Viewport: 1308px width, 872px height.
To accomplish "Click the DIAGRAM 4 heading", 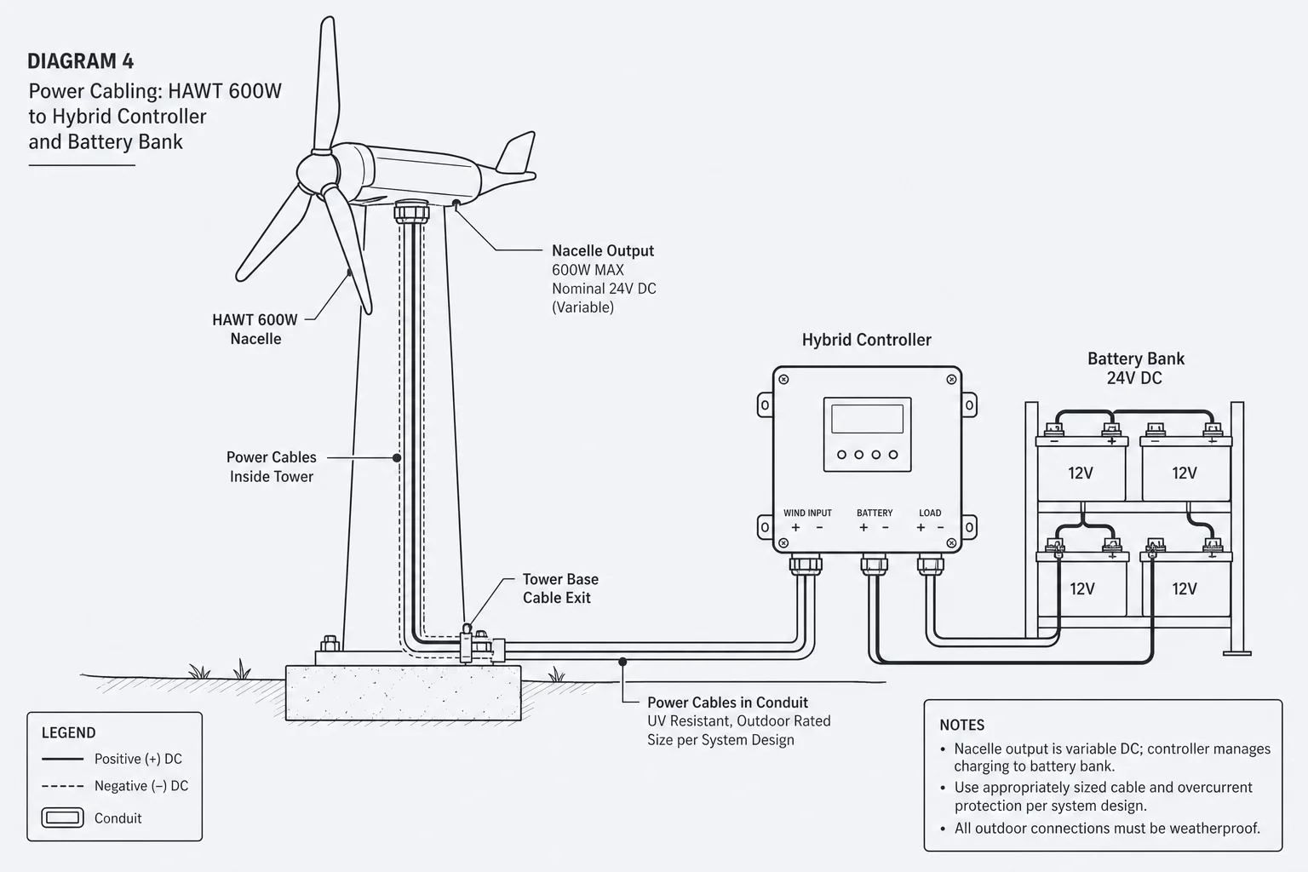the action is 81,61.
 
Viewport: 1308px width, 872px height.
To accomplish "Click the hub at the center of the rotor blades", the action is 316,172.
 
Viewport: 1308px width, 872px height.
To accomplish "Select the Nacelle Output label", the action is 603,250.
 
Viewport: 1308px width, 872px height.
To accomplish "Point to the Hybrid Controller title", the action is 867,340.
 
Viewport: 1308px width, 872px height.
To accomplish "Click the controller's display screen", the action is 867,418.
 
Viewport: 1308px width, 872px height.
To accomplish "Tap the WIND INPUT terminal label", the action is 807,513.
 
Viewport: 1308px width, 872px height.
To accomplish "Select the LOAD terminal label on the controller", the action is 930,513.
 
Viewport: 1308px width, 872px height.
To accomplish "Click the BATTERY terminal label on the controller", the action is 875,513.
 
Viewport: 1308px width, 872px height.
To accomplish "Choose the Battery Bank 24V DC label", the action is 1136,368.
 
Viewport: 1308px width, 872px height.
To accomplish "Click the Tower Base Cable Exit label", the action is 560,588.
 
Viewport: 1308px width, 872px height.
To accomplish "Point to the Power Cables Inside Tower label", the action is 272,467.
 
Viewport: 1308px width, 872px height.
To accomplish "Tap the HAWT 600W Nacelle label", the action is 255,329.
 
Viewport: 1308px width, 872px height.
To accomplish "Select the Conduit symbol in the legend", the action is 62,817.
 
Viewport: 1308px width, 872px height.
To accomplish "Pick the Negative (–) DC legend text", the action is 141,786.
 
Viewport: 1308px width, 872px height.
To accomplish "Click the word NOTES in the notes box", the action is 961,725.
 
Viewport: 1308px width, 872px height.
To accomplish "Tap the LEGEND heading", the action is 68,732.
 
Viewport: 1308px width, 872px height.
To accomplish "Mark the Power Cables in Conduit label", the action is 727,702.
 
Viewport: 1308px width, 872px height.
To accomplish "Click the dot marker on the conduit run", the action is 622,662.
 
